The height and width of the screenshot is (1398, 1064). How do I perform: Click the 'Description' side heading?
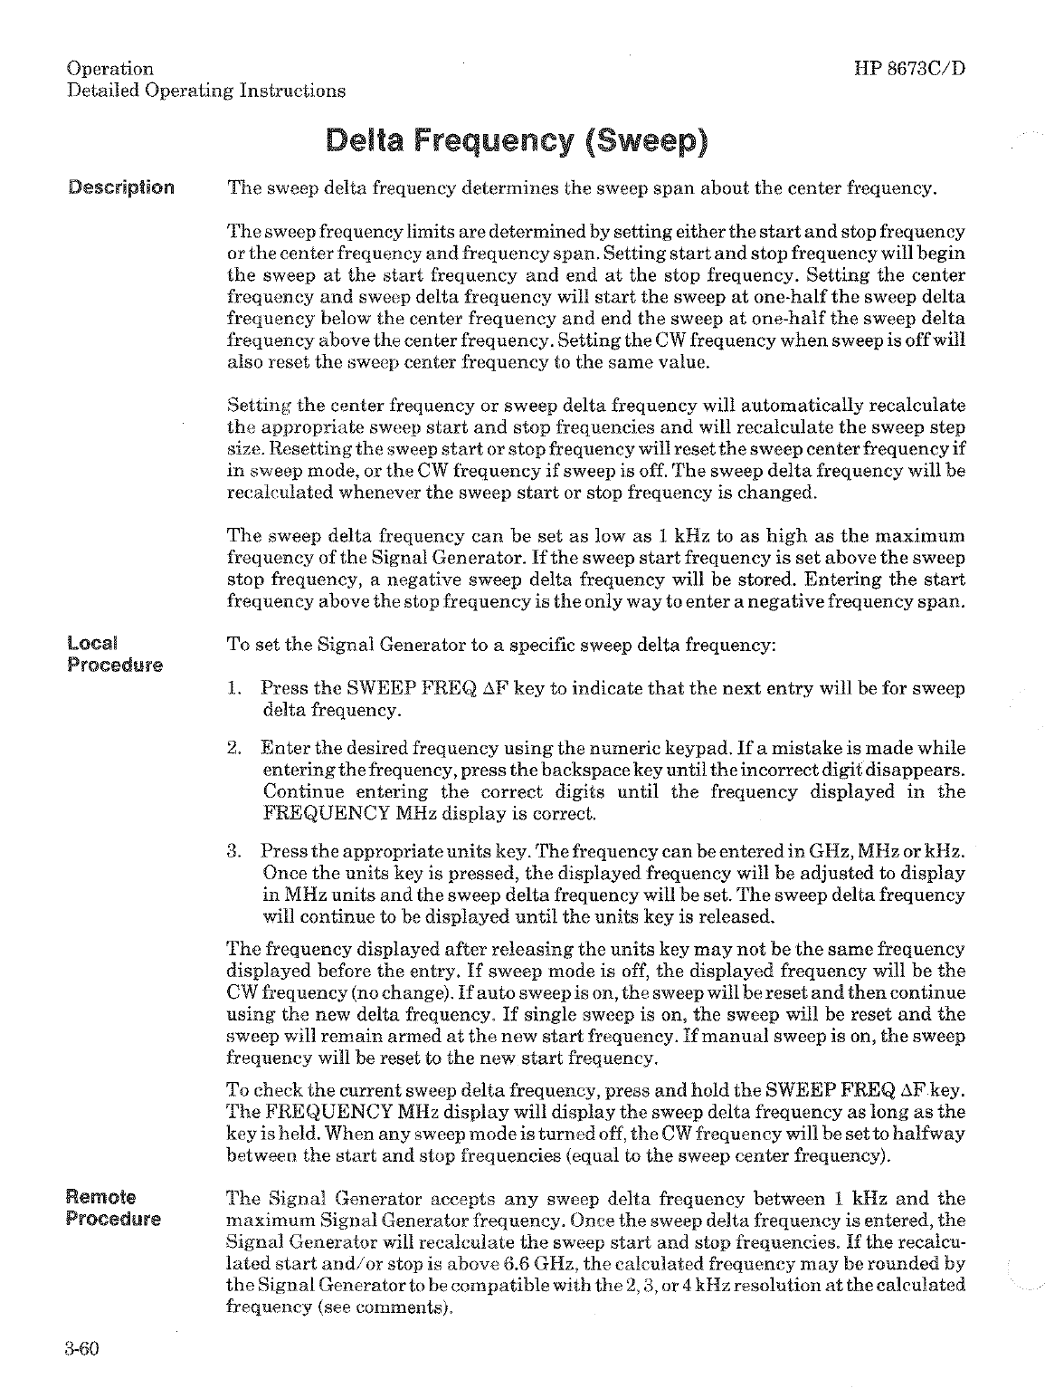[x=121, y=189]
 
